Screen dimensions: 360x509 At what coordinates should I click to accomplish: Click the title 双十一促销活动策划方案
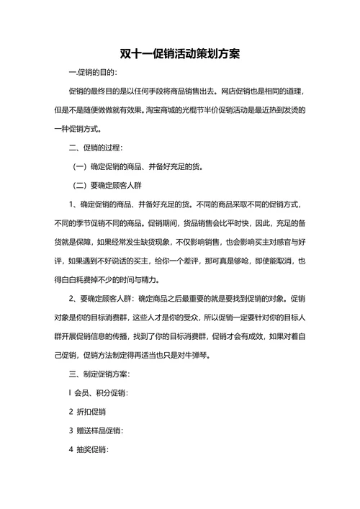tap(180, 55)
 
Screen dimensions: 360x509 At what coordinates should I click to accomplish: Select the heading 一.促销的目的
tap(92, 73)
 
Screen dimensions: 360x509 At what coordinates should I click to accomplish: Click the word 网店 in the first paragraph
tap(233, 92)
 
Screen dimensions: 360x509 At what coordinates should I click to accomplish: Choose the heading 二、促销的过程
tap(96, 148)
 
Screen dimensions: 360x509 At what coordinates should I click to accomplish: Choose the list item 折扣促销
tap(91, 412)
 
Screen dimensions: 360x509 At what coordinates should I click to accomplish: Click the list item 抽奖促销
tap(91, 449)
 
